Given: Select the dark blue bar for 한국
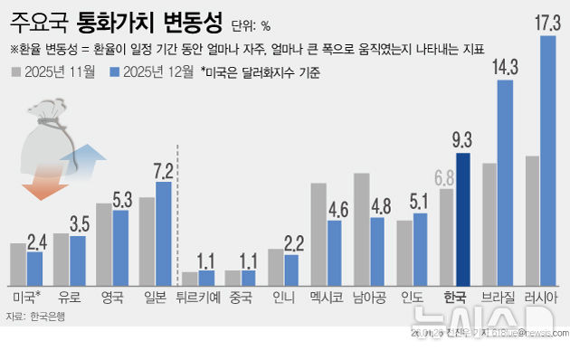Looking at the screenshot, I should click(x=463, y=217).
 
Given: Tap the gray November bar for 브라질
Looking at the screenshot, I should click(x=489, y=223).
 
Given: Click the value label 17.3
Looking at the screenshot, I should click(x=547, y=23).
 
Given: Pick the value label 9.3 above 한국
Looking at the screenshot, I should click(x=462, y=140).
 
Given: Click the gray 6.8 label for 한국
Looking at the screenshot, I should click(x=444, y=177).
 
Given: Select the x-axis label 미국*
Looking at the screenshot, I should click(x=26, y=297).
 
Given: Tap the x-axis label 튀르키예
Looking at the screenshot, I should click(x=197, y=297).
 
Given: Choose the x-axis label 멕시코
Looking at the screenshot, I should click(x=326, y=297).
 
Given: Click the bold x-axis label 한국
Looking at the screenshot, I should click(x=454, y=297).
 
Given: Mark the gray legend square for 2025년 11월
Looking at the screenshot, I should click(x=18, y=71).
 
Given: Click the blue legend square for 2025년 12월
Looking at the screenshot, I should click(x=113, y=71).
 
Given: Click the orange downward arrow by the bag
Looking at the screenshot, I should click(x=39, y=186).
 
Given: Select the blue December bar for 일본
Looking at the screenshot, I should click(x=164, y=232).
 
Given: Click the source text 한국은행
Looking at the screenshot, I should click(x=48, y=317).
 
